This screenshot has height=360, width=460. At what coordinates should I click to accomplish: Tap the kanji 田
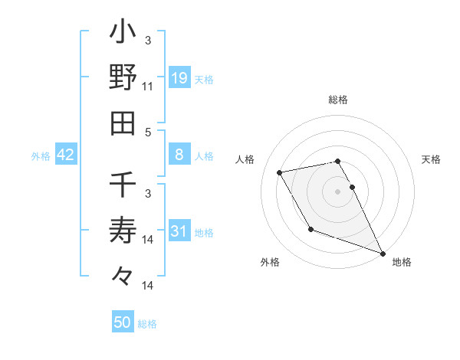pos(123,123)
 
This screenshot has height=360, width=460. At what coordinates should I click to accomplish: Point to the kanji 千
pos(123,185)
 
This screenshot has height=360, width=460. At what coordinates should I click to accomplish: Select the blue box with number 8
pos(179,155)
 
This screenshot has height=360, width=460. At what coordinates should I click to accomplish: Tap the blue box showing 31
pos(179,231)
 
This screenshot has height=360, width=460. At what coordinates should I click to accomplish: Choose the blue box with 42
pos(66,155)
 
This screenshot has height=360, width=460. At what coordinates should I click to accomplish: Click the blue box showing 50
pos(123,322)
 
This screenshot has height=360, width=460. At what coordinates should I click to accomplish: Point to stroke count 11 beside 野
pos(148,87)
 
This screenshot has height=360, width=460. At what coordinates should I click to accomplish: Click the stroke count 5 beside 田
pos(148,132)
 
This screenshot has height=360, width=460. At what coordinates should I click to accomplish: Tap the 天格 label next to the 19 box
pos(204,79)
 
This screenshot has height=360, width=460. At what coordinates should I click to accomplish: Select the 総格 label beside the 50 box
pos(147,324)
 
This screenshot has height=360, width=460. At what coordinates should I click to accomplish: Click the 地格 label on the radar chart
pos(402,262)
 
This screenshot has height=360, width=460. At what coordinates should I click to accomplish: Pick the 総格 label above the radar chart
pos(338,100)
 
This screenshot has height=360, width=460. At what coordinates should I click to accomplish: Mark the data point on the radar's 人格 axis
pos(280,173)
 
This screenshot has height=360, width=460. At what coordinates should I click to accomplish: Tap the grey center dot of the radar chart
pos(338,191)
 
